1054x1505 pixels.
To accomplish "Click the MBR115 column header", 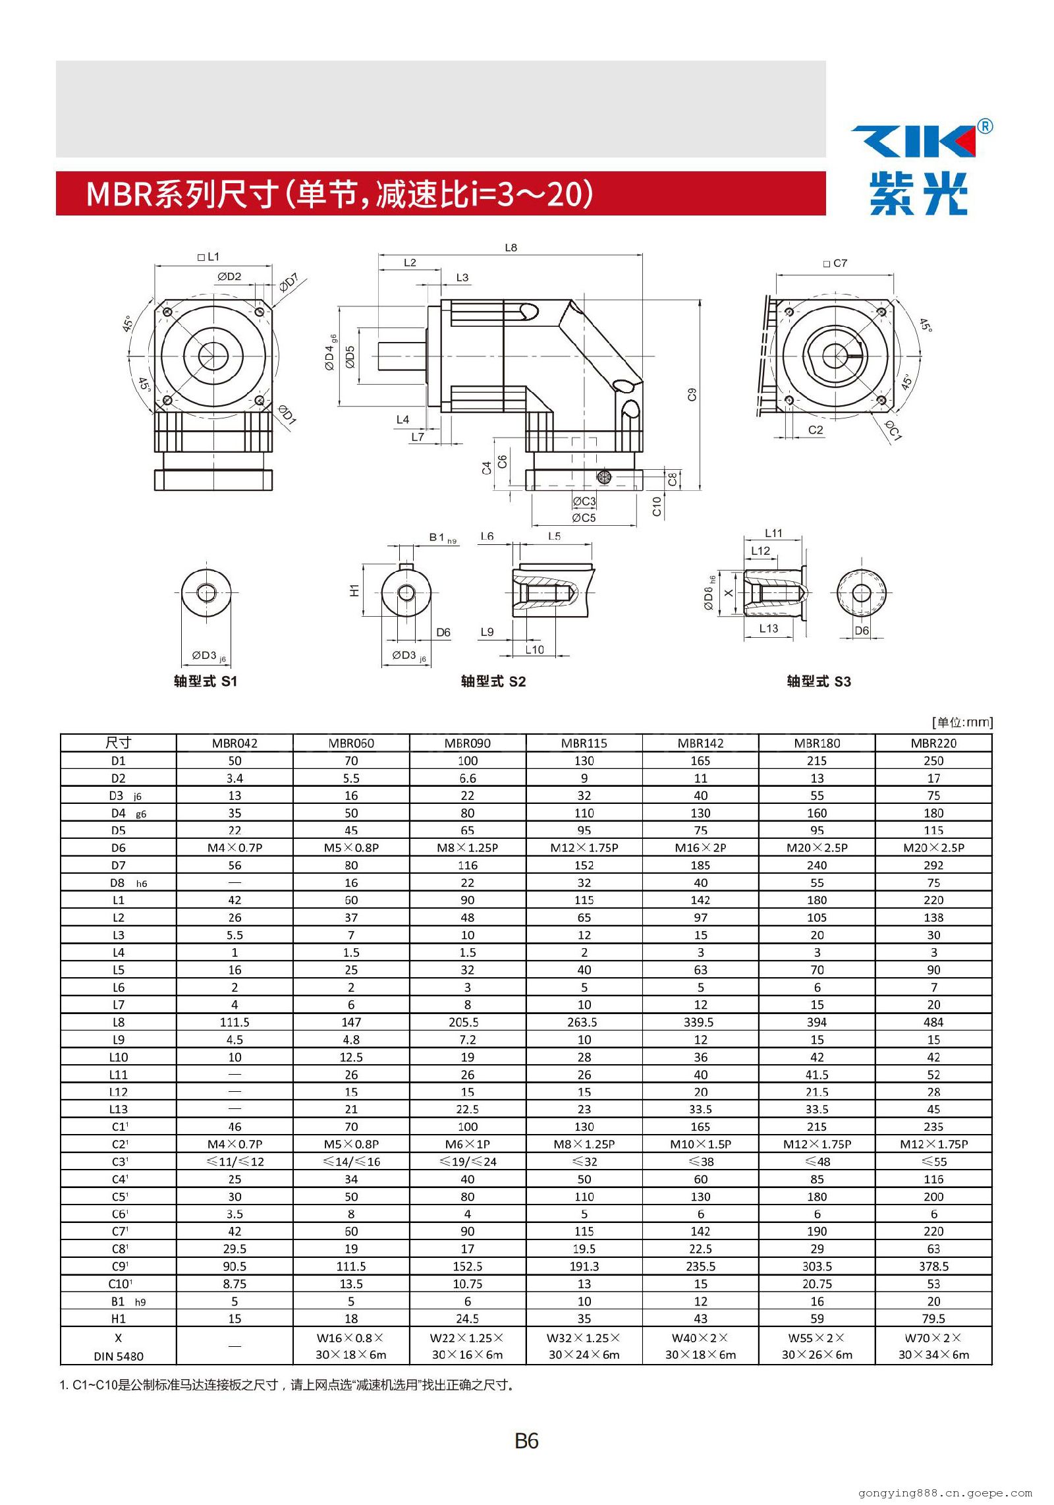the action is coord(584,743).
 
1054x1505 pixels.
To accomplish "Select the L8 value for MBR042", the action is coord(235,1022).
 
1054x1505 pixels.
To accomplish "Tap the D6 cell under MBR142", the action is coord(700,848).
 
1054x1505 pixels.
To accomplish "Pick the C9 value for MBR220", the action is coord(933,1266).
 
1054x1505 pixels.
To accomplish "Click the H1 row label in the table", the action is coord(119,1319).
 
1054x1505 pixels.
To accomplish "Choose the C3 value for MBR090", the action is coord(468,1162).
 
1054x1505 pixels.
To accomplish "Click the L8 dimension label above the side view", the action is coord(511,248).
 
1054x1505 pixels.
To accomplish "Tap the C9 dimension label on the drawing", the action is coord(692,395).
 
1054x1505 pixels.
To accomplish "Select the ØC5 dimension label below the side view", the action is coord(584,518).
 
